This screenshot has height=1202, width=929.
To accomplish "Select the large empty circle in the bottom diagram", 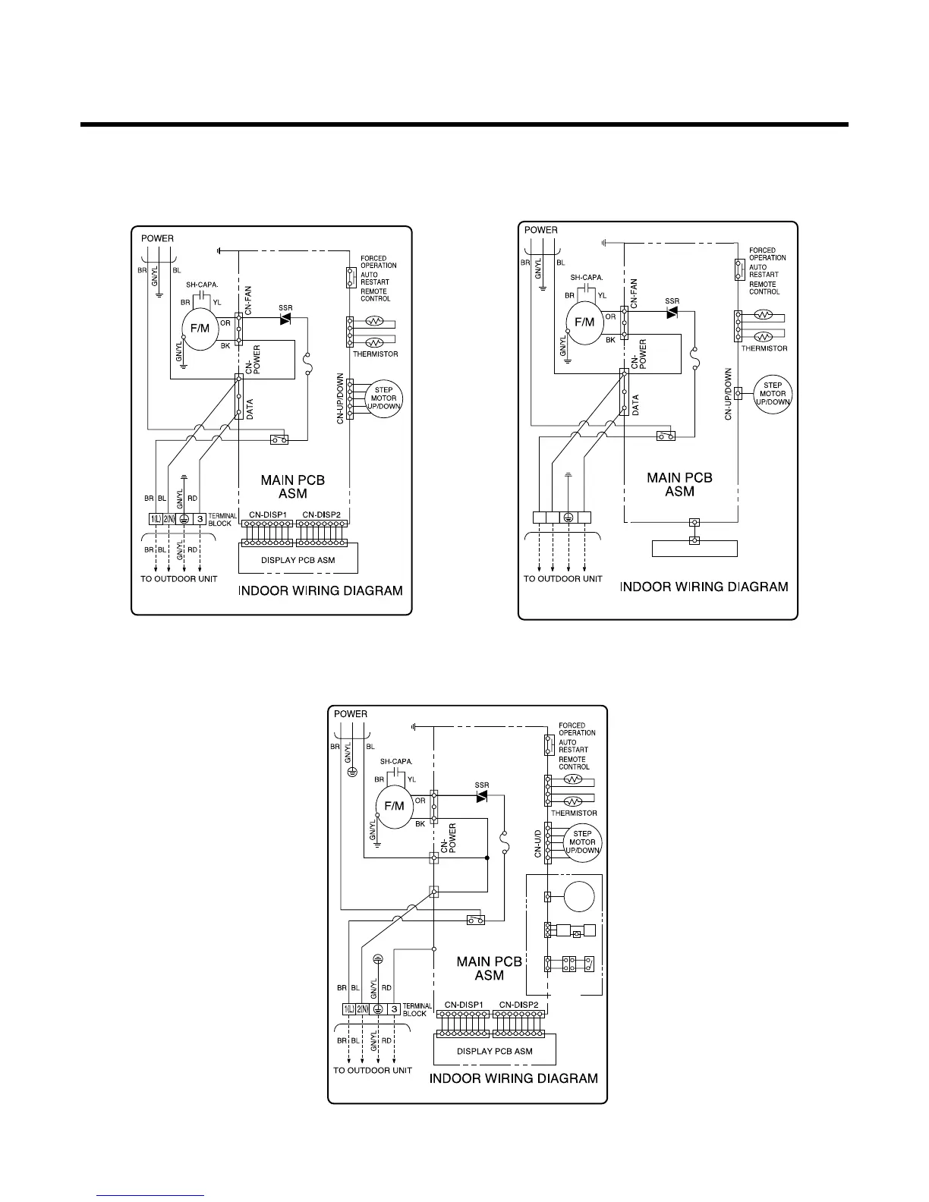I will (x=580, y=897).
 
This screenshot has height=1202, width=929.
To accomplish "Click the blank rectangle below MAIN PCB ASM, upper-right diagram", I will (x=694, y=548).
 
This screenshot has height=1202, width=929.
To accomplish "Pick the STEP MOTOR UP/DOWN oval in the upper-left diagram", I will (x=383, y=398).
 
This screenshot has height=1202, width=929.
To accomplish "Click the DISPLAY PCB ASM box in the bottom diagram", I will (x=494, y=1051).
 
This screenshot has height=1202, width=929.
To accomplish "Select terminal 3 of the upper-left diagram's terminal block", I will (x=200, y=519).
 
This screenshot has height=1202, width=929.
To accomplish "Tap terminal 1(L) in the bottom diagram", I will (x=349, y=1009).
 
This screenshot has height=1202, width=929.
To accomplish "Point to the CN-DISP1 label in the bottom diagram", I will (x=464, y=1005).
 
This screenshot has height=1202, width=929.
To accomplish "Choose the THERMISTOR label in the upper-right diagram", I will (x=764, y=348).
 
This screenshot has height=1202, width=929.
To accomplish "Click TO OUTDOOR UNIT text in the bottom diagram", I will (x=372, y=1071).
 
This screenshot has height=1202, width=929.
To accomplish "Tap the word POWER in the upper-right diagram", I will (x=541, y=230).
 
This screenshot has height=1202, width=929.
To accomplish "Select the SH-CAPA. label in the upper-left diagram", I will (x=202, y=285).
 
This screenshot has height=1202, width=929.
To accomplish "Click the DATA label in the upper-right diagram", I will (x=635, y=405).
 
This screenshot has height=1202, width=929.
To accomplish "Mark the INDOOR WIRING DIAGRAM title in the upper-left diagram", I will (x=320, y=590).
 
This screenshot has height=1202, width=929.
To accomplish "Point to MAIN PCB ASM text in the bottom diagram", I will (x=489, y=968).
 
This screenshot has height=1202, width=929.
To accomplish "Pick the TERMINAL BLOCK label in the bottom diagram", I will (x=417, y=1009).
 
